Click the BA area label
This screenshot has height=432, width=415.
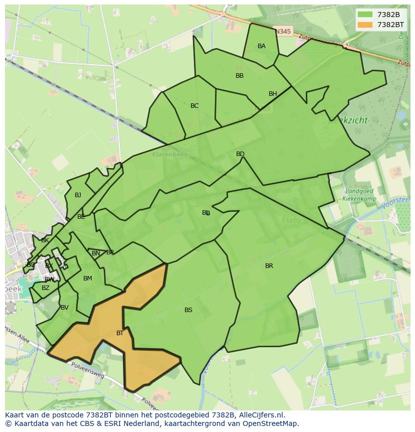[262, 46]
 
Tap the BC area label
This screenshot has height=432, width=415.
[194, 106]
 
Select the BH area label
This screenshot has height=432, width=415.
[273, 94]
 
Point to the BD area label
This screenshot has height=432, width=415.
[240, 154]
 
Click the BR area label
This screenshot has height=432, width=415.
[269, 266]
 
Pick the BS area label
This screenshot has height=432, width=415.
[188, 310]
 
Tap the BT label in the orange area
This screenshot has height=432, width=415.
[120, 333]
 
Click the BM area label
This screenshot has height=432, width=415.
[88, 278]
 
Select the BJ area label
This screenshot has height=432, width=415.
[78, 195]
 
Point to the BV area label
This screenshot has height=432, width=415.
[65, 308]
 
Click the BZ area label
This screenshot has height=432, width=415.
[46, 288]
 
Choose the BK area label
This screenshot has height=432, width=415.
[45, 240]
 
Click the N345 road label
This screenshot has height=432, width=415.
[283, 32]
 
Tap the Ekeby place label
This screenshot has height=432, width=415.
[291, 220]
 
